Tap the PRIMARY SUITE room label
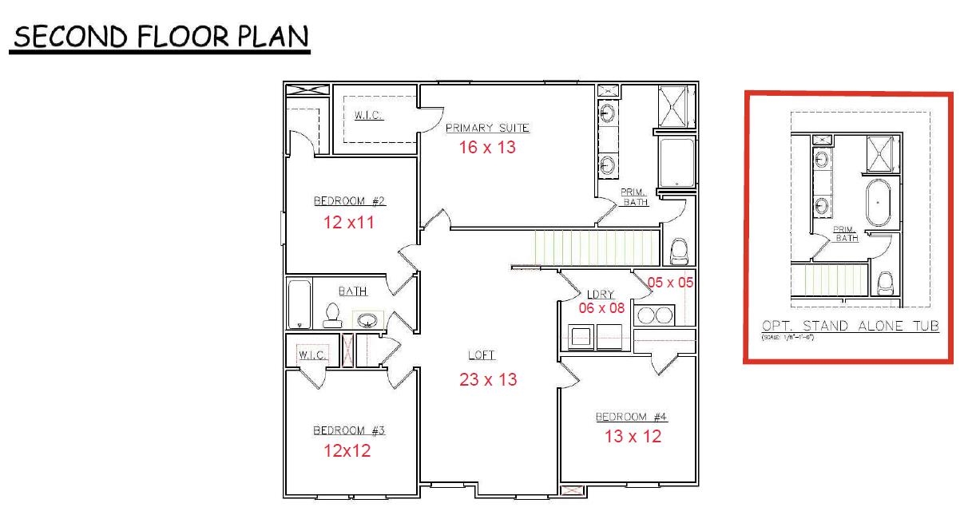coord(487,128)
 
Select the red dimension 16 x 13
coord(487,148)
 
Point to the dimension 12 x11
coord(349,223)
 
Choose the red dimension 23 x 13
coord(488,380)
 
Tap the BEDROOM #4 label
coord(631,417)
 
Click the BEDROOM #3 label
coord(349,430)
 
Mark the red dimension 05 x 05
coord(670,282)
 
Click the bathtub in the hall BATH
coord(300,303)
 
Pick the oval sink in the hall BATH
coord(367,321)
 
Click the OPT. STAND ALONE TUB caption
coord(850,326)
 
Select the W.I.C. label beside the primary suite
coord(368,116)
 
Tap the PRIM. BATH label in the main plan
coord(634,197)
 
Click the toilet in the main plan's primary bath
coord(679,251)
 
